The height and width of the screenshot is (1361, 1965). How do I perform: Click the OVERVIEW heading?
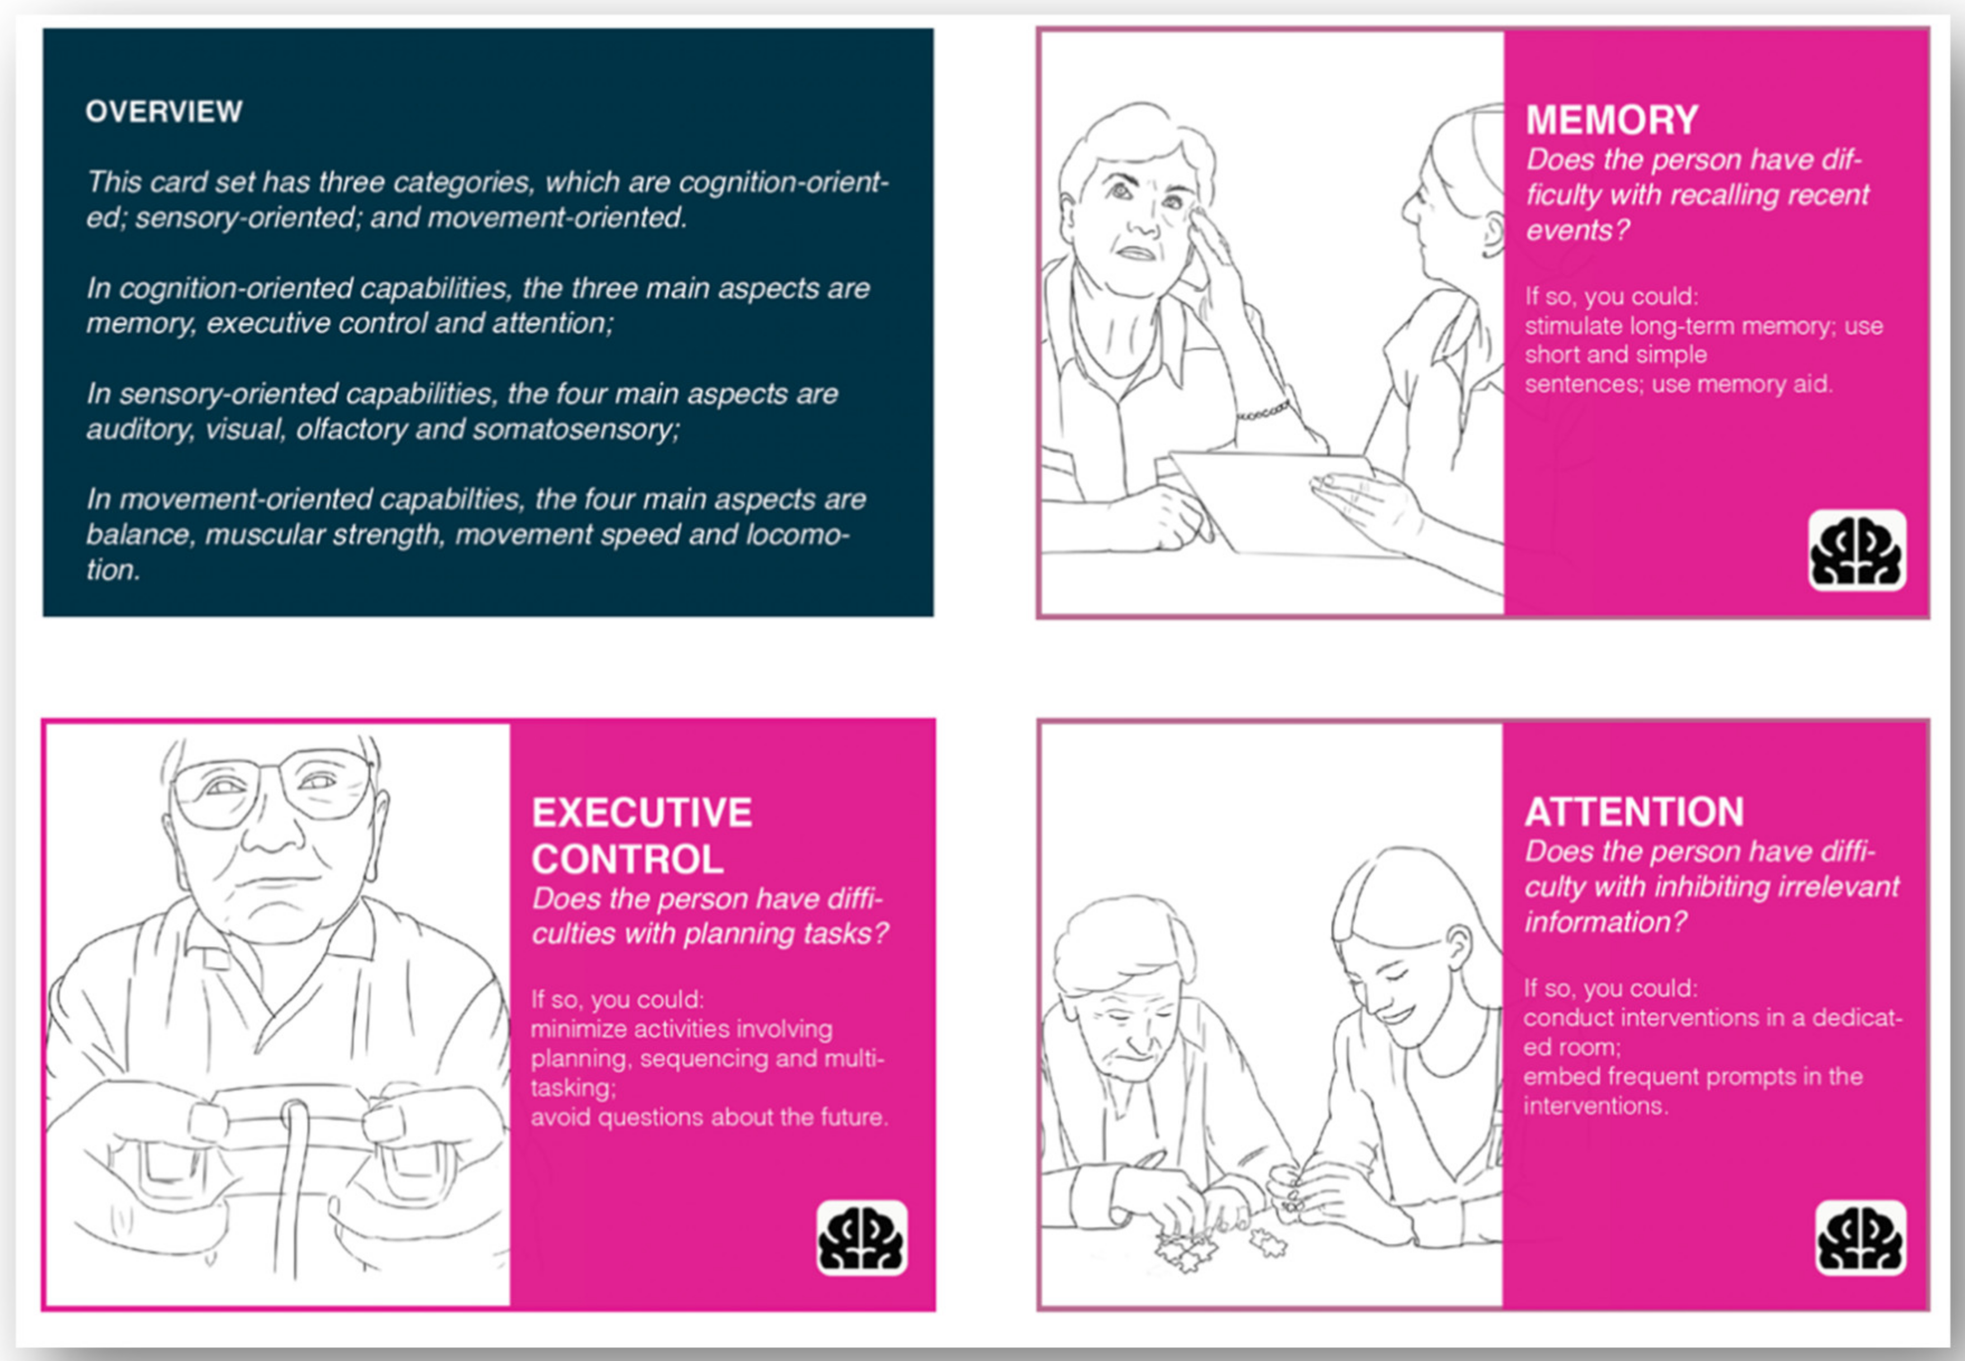click(x=164, y=112)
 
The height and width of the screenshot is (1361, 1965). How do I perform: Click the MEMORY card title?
click(x=1612, y=120)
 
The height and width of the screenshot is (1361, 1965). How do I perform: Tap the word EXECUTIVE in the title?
click(x=642, y=813)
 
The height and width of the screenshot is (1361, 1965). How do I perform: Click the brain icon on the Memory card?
click(x=1857, y=550)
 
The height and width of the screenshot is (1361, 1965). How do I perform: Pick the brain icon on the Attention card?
click(x=1860, y=1238)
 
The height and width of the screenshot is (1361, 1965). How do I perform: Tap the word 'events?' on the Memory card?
click(x=1578, y=230)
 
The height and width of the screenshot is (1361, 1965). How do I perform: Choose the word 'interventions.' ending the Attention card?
click(x=1596, y=1106)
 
